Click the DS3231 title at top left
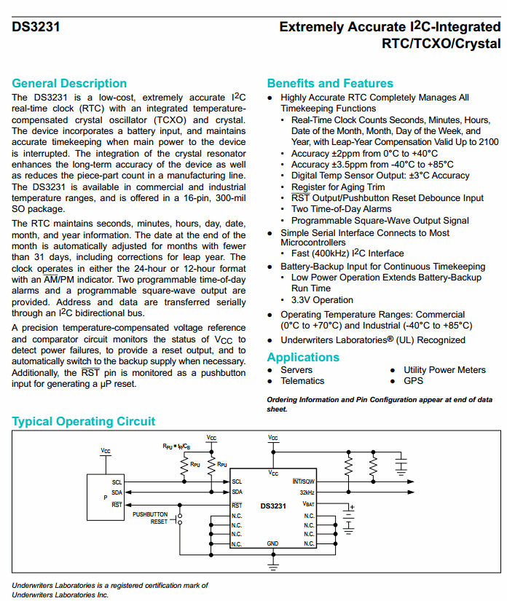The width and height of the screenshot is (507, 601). click(x=36, y=28)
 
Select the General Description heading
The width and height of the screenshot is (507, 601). click(x=69, y=83)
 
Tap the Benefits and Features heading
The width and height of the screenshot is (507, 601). click(x=329, y=83)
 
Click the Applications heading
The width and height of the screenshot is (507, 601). click(x=303, y=357)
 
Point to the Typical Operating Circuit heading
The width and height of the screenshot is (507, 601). click(x=84, y=421)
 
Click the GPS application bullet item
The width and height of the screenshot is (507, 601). click(x=414, y=381)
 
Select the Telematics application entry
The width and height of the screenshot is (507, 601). click(x=302, y=381)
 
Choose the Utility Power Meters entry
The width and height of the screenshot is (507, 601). click(x=444, y=370)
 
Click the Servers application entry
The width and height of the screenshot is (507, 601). click(x=296, y=370)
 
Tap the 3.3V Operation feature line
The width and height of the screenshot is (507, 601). click(x=322, y=299)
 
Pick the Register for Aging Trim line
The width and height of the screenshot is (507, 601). click(x=337, y=187)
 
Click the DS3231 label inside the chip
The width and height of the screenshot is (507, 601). click(x=273, y=506)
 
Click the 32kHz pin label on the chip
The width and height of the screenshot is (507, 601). click(x=307, y=492)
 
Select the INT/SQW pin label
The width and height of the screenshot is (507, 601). click(x=304, y=482)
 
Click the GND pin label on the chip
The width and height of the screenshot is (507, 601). click(x=272, y=543)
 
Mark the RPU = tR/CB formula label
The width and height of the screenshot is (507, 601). click(x=176, y=446)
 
